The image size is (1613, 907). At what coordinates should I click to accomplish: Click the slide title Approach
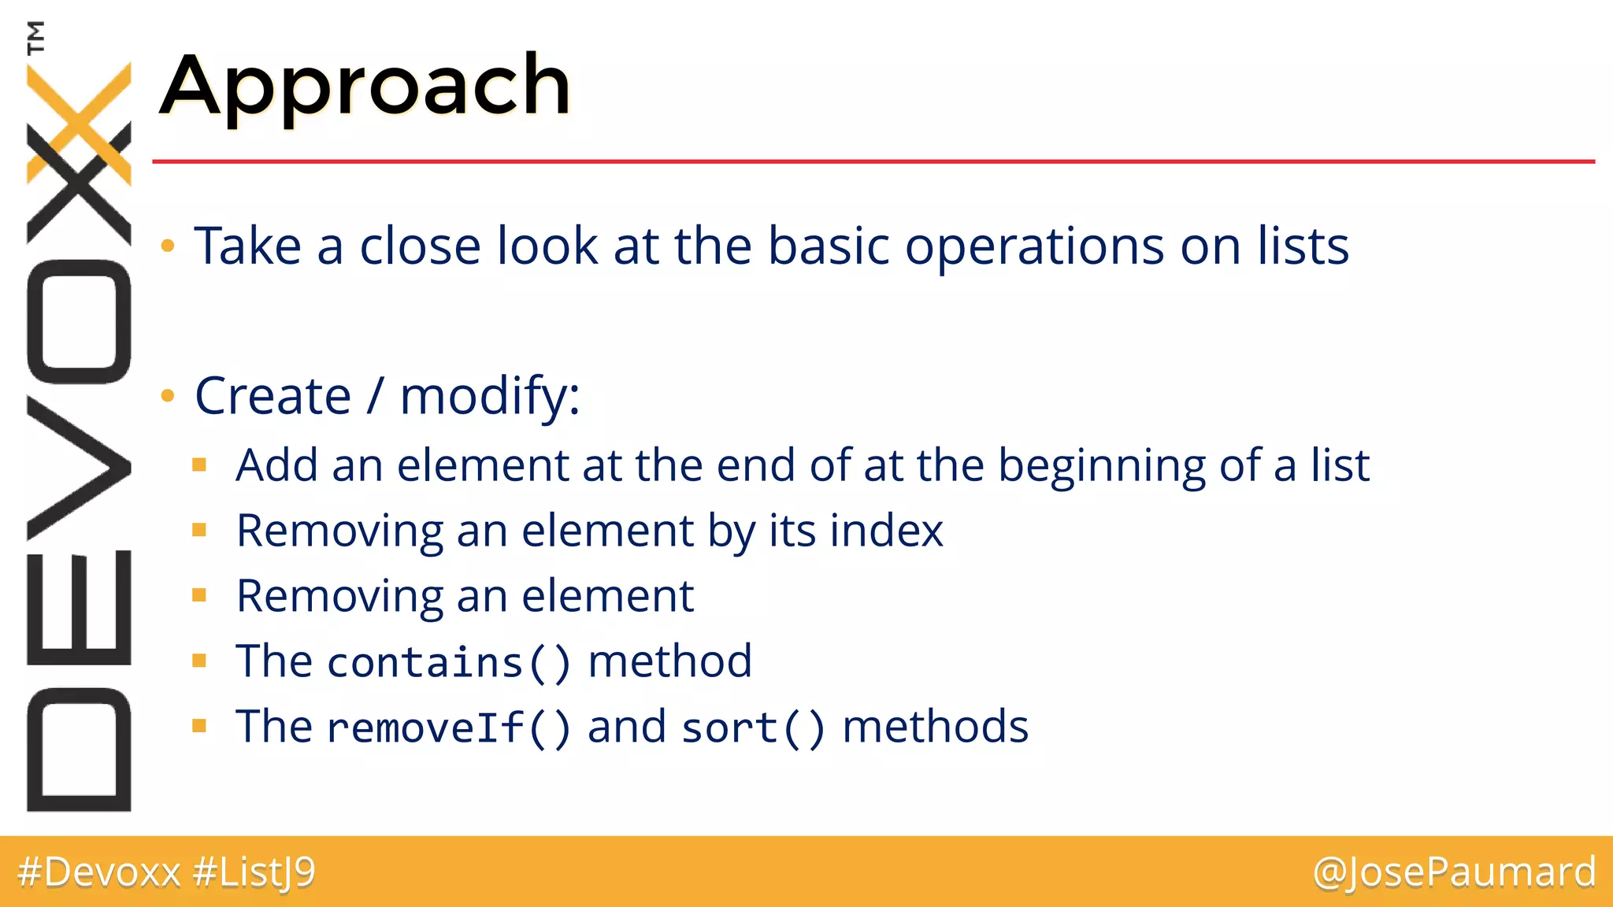click(x=365, y=85)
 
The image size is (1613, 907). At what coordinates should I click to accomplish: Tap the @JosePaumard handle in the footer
click(x=1454, y=872)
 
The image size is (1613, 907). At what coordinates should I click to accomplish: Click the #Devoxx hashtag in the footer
click(x=99, y=872)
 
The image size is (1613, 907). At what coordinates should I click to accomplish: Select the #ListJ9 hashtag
click(x=254, y=872)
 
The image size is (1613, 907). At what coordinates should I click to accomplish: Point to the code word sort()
click(x=753, y=727)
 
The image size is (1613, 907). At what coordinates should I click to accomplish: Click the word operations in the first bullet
click(x=1033, y=247)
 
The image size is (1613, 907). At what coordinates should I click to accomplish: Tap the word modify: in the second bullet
click(x=490, y=396)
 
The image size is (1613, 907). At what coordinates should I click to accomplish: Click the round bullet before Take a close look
click(x=167, y=246)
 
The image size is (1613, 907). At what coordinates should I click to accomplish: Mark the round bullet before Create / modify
click(x=167, y=395)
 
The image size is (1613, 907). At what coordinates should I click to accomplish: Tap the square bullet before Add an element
click(x=199, y=465)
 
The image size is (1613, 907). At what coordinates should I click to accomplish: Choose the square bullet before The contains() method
click(x=199, y=661)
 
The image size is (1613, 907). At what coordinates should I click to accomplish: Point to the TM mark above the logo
click(x=35, y=37)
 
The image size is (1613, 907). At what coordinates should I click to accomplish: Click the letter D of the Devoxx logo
click(x=79, y=750)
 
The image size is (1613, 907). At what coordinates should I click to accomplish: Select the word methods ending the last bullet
click(x=935, y=727)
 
